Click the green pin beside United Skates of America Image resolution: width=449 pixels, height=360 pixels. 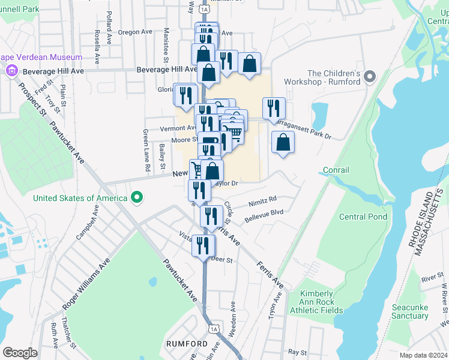click(137, 197)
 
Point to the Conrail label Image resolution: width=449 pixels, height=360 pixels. click(336, 170)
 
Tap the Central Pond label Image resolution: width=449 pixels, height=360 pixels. click(363, 217)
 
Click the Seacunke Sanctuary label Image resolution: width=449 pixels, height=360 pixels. click(409, 311)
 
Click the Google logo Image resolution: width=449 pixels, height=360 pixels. click(19, 353)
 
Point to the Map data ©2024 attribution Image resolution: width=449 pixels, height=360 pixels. click(423, 355)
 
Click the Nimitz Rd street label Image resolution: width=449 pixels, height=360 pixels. click(264, 199)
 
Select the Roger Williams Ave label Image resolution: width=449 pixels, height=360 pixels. click(85, 284)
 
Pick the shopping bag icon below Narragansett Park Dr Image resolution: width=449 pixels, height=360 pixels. click(283, 143)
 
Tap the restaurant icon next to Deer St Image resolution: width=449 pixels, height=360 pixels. click(203, 245)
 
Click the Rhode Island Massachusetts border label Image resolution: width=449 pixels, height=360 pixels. click(432, 220)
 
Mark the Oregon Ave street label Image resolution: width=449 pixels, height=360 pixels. click(134, 32)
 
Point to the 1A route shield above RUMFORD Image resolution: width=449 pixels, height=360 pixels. click(213, 328)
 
